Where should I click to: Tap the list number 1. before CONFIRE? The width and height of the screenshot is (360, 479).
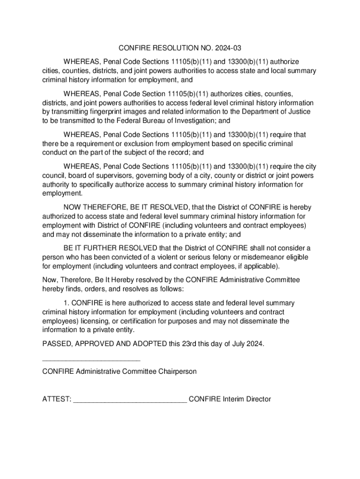pyautogui.click(x=66, y=303)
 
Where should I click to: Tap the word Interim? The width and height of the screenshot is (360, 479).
pyautogui.click(x=234, y=399)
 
